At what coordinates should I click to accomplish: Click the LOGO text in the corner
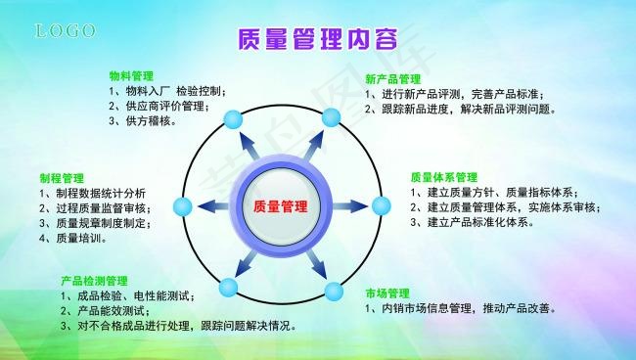(67, 32)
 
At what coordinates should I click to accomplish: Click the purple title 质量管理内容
(319, 40)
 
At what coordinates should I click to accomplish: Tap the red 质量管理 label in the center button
(280, 206)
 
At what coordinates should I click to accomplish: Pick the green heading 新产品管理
(393, 78)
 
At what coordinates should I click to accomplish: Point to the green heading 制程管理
(62, 178)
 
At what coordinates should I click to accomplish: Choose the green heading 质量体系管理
(443, 177)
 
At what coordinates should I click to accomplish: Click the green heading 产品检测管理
(95, 279)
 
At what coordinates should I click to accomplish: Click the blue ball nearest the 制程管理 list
(182, 206)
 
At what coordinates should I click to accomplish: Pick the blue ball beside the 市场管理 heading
(334, 291)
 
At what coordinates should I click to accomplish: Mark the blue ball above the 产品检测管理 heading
(229, 288)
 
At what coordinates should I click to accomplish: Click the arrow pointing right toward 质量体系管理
(350, 206)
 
